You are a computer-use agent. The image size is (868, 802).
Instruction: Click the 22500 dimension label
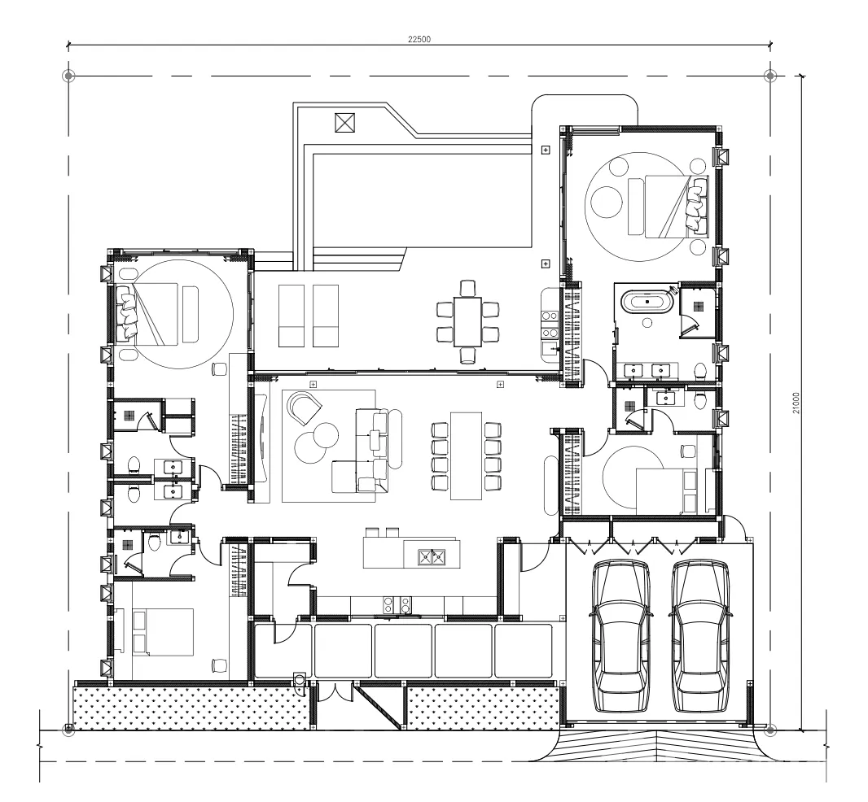point(419,39)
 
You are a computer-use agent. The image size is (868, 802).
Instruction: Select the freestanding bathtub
point(647,302)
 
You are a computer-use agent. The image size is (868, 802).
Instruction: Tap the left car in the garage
point(620,637)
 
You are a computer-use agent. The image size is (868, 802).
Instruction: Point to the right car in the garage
point(699,637)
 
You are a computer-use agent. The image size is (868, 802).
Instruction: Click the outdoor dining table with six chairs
point(467,322)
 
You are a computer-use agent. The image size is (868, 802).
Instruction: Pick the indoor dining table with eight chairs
point(466,455)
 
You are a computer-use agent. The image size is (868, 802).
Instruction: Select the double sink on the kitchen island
point(432,557)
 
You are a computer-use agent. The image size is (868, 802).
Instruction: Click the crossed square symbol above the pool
point(345,122)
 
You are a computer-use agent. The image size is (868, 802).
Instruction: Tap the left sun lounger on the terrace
point(292,316)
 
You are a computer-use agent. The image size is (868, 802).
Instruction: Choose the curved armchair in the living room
point(304,408)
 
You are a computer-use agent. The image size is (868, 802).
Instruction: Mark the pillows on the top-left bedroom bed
point(127,312)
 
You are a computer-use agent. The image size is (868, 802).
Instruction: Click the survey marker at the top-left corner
point(68,76)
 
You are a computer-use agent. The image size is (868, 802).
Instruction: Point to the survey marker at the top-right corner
point(770,76)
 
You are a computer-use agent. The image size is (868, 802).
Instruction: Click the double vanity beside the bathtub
point(647,371)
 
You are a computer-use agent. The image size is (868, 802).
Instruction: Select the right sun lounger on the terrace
point(326,316)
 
